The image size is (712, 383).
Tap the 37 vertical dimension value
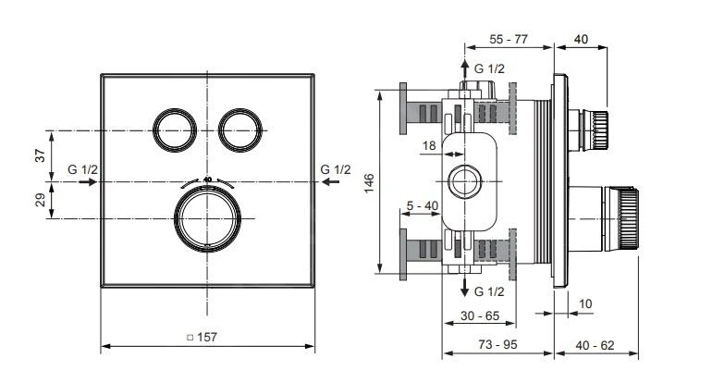pos(40,155)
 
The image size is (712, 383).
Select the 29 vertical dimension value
pos(40,200)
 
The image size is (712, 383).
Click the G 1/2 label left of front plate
pos(82,169)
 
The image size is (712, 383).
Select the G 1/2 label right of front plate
pos(336,169)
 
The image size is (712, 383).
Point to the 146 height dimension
pos(369,182)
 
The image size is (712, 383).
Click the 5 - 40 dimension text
pos(421,204)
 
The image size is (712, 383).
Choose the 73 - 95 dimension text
pos(497,344)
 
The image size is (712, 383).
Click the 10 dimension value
pos(585,303)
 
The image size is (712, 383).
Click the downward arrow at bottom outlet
pos(464,289)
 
